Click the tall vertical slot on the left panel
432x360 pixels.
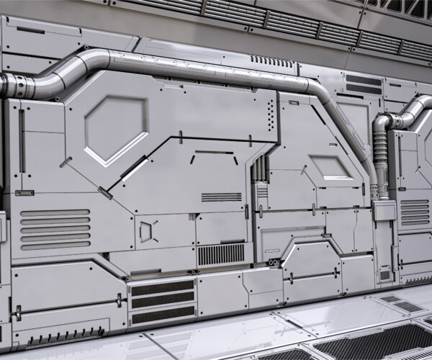22,140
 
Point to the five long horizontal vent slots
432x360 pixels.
55,228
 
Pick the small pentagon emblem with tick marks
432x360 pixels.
146,231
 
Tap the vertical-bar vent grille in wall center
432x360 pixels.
221,254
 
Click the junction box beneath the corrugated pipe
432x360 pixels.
384,211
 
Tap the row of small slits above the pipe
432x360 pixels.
272,61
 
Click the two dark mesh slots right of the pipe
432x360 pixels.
363,84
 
